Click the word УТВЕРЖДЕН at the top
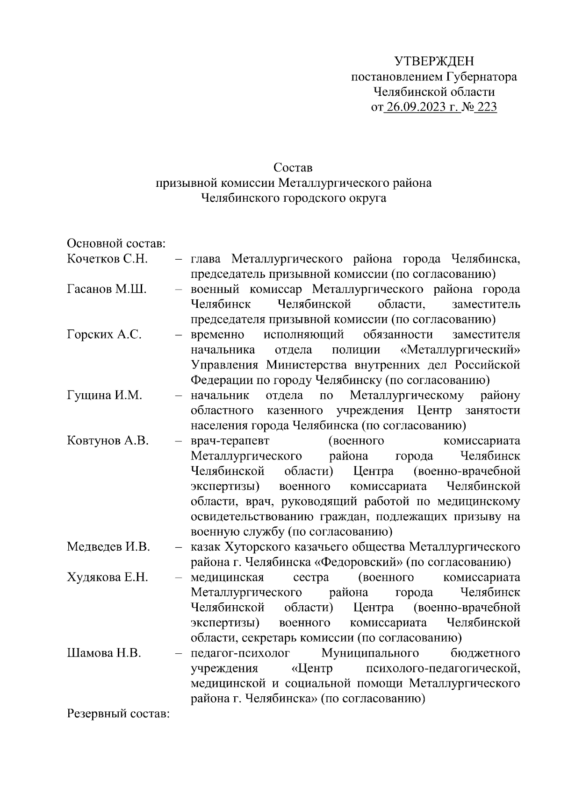pos(434,61)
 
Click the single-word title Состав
pos(293,167)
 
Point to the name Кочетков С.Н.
pos(107,259)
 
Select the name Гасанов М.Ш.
pos(107,289)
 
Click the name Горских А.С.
pos(104,334)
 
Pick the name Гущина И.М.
pos(104,395)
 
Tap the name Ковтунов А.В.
pos(108,440)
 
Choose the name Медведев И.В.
pos(108,546)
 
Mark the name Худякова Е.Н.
pos(108,577)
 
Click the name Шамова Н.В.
pos(104,653)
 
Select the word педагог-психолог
pos(240,653)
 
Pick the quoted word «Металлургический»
pos(460,350)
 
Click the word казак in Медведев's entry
pos(205,546)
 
